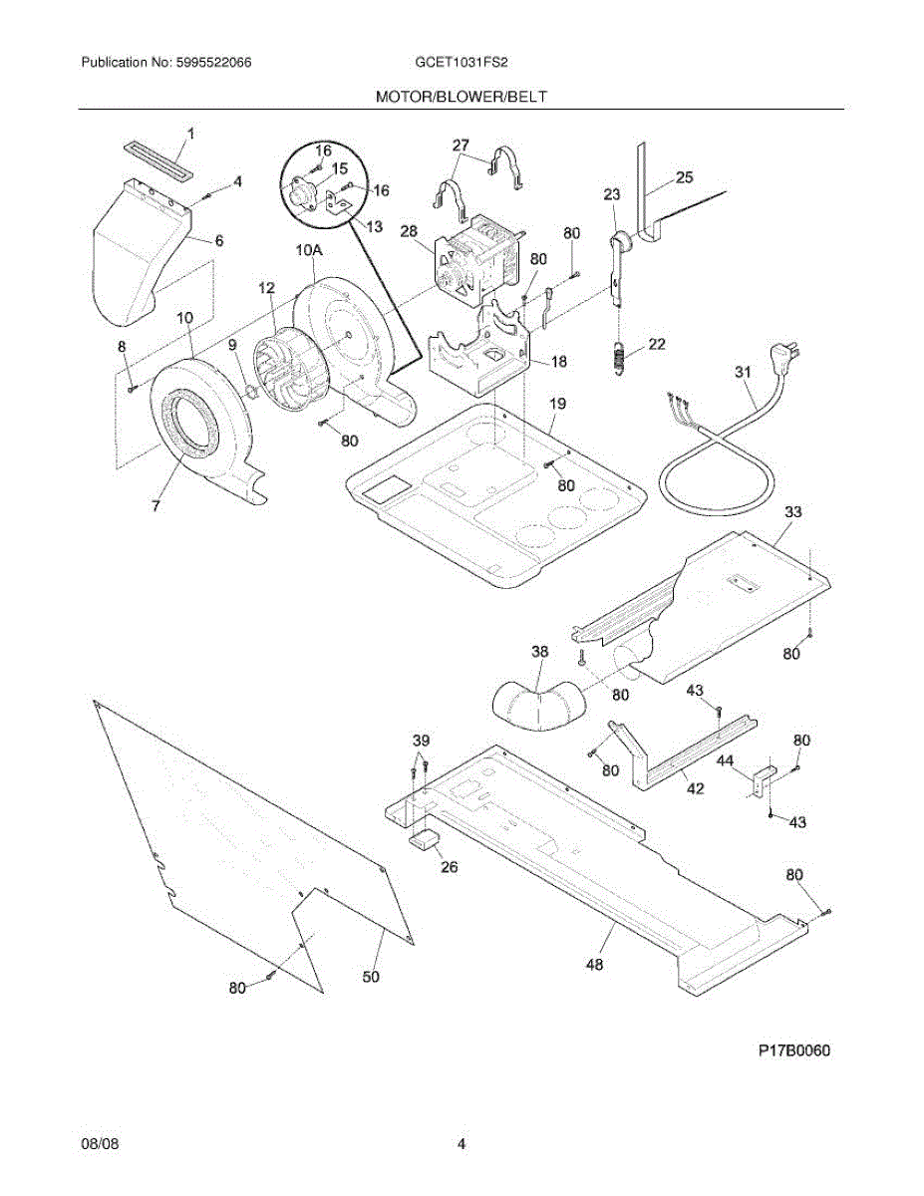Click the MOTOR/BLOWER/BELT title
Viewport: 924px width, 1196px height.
click(462, 97)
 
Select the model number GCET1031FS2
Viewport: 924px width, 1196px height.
click(462, 63)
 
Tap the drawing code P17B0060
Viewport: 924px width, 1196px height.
click(793, 1051)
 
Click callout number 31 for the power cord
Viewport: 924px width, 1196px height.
click(744, 372)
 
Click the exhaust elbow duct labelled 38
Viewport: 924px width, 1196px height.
click(539, 703)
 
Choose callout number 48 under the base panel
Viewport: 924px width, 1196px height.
click(596, 963)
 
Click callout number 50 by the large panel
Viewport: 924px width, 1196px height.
click(370, 977)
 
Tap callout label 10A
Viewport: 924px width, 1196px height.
click(307, 252)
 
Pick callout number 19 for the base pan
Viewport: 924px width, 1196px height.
click(557, 404)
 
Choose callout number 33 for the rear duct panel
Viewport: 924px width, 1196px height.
click(792, 512)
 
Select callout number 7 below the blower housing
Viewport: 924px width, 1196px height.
click(155, 506)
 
